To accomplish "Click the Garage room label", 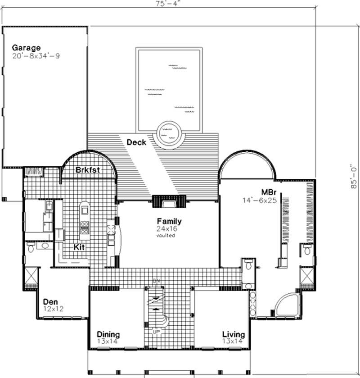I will [26, 47].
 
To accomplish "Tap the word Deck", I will [136, 142].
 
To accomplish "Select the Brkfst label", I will [87, 170].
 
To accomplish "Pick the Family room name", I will [169, 221].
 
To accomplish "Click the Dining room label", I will [108, 335].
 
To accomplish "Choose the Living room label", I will [234, 335].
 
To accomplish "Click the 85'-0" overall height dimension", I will [355, 176].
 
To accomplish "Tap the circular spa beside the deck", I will [170, 133].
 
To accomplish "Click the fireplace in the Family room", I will [169, 202].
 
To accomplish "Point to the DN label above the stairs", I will [157, 281].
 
